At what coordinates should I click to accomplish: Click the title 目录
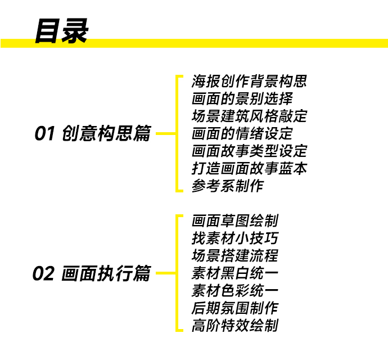(x=61, y=31)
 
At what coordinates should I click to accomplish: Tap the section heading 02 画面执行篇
(x=92, y=274)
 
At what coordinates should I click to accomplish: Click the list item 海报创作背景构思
(x=249, y=82)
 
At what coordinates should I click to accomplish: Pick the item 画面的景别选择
(x=242, y=99)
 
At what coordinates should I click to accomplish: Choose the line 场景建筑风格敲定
(x=249, y=116)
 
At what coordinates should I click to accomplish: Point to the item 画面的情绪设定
(x=242, y=134)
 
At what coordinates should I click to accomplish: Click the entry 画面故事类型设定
(x=249, y=151)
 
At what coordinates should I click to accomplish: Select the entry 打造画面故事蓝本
(x=249, y=168)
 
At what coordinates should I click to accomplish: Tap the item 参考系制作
(x=227, y=186)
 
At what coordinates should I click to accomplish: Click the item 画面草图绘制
(x=234, y=221)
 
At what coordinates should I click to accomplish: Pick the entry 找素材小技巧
(x=234, y=238)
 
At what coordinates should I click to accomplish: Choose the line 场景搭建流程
(x=234, y=256)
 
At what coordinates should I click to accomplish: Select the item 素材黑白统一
(x=234, y=273)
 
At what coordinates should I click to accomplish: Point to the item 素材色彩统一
(x=234, y=291)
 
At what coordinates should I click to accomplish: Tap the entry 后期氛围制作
(x=234, y=308)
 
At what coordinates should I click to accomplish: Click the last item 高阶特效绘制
(x=234, y=326)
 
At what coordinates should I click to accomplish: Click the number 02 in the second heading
(x=43, y=274)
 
